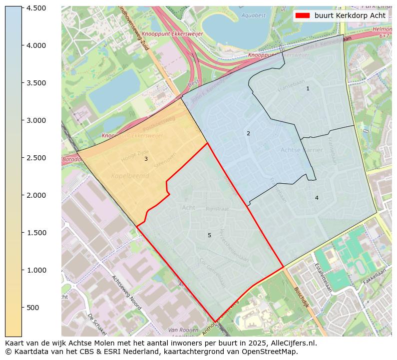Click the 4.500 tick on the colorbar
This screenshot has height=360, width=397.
[x=37, y=8]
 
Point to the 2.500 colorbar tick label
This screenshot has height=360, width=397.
[x=37, y=158]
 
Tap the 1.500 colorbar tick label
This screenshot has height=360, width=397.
[x=37, y=233]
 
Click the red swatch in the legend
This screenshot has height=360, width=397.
[x=302, y=15]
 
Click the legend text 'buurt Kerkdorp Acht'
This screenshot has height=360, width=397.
[x=350, y=15]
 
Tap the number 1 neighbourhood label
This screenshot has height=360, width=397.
[x=308, y=88]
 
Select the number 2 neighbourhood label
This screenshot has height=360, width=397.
[x=248, y=133]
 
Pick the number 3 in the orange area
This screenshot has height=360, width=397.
[x=146, y=159]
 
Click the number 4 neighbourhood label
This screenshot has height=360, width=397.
[x=317, y=198]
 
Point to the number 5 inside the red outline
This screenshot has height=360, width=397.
[x=209, y=235]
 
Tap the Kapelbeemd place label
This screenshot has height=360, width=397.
[x=130, y=176]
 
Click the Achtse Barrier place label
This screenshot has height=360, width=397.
[x=302, y=150]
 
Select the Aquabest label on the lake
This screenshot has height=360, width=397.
[x=254, y=15]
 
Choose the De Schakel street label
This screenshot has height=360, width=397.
[x=98, y=325]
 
